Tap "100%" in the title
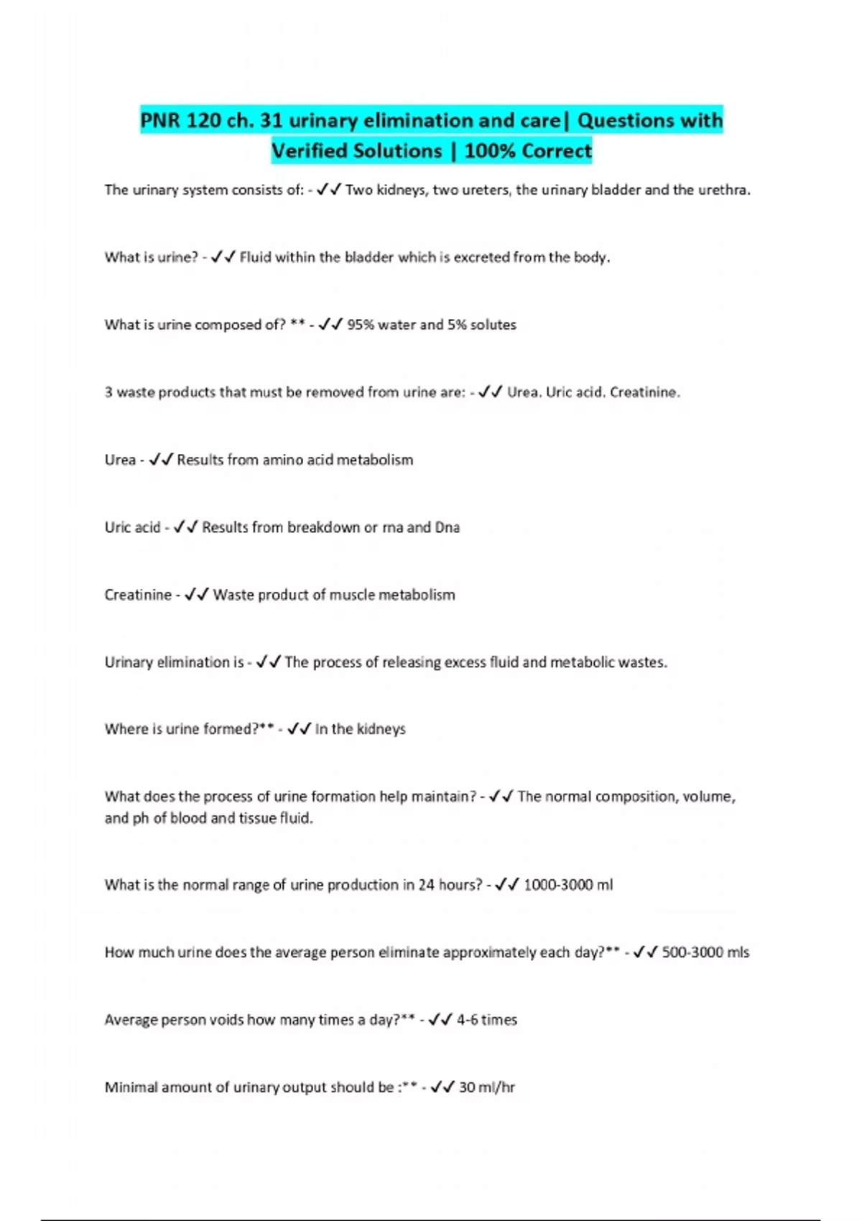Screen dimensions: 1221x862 pos(491,152)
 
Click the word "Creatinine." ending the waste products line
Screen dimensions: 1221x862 pos(644,392)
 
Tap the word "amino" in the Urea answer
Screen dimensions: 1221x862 pos(282,460)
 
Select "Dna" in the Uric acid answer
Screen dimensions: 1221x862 pos(447,527)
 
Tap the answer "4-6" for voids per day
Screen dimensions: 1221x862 pos(467,1020)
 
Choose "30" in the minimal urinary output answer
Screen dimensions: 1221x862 pos(467,1087)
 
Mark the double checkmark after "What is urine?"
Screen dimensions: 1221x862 pos(223,257)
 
